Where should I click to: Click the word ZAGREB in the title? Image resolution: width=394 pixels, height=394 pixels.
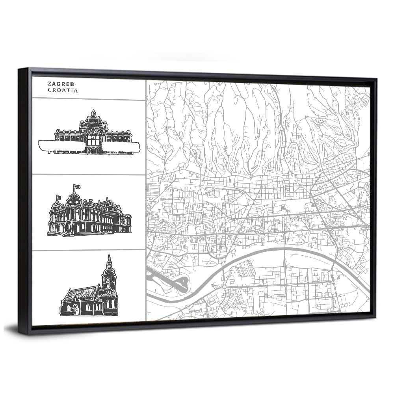(58, 84)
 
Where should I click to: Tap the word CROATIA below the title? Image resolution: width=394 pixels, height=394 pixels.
(63, 90)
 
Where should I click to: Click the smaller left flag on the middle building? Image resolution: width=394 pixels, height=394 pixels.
(59, 198)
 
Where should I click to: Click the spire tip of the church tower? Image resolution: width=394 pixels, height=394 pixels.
(109, 257)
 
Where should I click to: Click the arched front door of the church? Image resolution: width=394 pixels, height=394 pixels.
(76, 310)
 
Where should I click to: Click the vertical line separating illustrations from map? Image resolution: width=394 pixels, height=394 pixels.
(146, 197)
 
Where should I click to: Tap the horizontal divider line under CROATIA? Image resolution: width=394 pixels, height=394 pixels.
(89, 99)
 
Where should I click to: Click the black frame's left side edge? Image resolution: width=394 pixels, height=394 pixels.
(24, 197)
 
